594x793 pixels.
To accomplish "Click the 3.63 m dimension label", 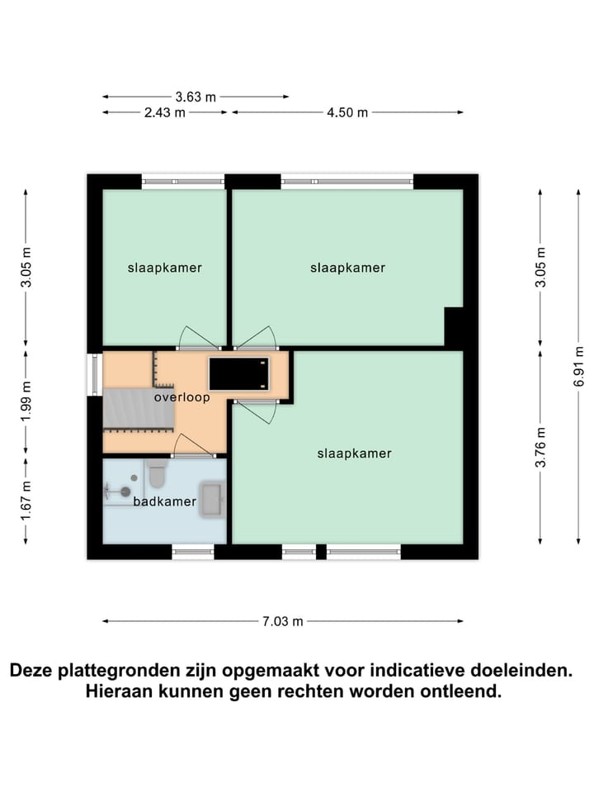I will [x=196, y=97].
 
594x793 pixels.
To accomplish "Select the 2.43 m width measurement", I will [x=165, y=112].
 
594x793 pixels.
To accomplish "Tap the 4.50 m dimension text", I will [x=347, y=112].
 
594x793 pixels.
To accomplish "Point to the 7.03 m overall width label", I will [x=283, y=621].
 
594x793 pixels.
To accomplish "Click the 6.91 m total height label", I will [x=577, y=366].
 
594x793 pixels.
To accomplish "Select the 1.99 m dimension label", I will [x=26, y=400].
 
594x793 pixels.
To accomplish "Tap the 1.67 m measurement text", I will [x=26, y=501].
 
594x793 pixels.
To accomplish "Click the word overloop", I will [x=181, y=397].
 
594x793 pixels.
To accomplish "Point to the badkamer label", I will [x=164, y=501].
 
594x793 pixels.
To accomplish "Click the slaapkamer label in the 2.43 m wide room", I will [x=164, y=268].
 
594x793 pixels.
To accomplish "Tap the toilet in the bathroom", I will [x=156, y=474].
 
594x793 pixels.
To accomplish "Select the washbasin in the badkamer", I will [x=212, y=499].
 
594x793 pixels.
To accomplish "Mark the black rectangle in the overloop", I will [x=239, y=373].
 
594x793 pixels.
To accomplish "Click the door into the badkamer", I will [x=193, y=453].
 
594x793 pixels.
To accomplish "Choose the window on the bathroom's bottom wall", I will [x=193, y=552].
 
